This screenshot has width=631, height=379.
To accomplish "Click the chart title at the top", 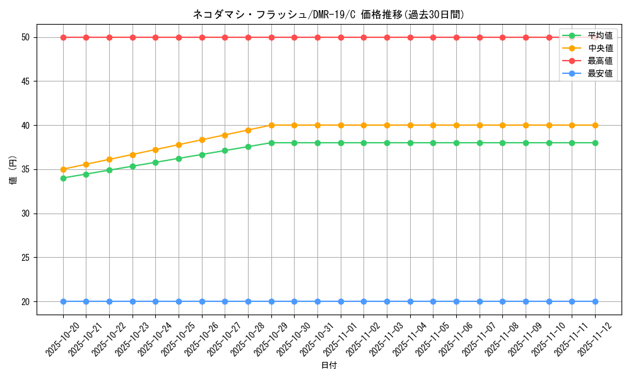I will (x=328, y=15).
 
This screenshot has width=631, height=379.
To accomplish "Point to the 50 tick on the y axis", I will (x=26, y=37).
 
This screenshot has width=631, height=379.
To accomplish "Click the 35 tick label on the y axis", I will (x=26, y=169).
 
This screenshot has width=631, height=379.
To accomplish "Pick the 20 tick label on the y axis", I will (x=26, y=301).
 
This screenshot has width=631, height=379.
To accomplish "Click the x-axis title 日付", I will (x=329, y=366).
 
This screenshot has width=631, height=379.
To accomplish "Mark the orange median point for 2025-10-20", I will (x=63, y=169).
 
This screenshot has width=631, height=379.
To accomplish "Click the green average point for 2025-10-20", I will (x=63, y=178).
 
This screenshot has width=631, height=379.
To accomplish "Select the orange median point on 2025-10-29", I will (x=271, y=125).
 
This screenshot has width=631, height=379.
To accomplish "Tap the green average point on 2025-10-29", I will (x=271, y=143).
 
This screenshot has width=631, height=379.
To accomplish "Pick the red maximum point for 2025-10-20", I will (x=63, y=37).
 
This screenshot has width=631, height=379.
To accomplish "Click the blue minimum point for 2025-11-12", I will (x=595, y=301).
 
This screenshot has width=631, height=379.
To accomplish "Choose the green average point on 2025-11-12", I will (x=595, y=143).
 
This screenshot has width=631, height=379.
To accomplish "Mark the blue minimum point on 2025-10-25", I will (x=179, y=301).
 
